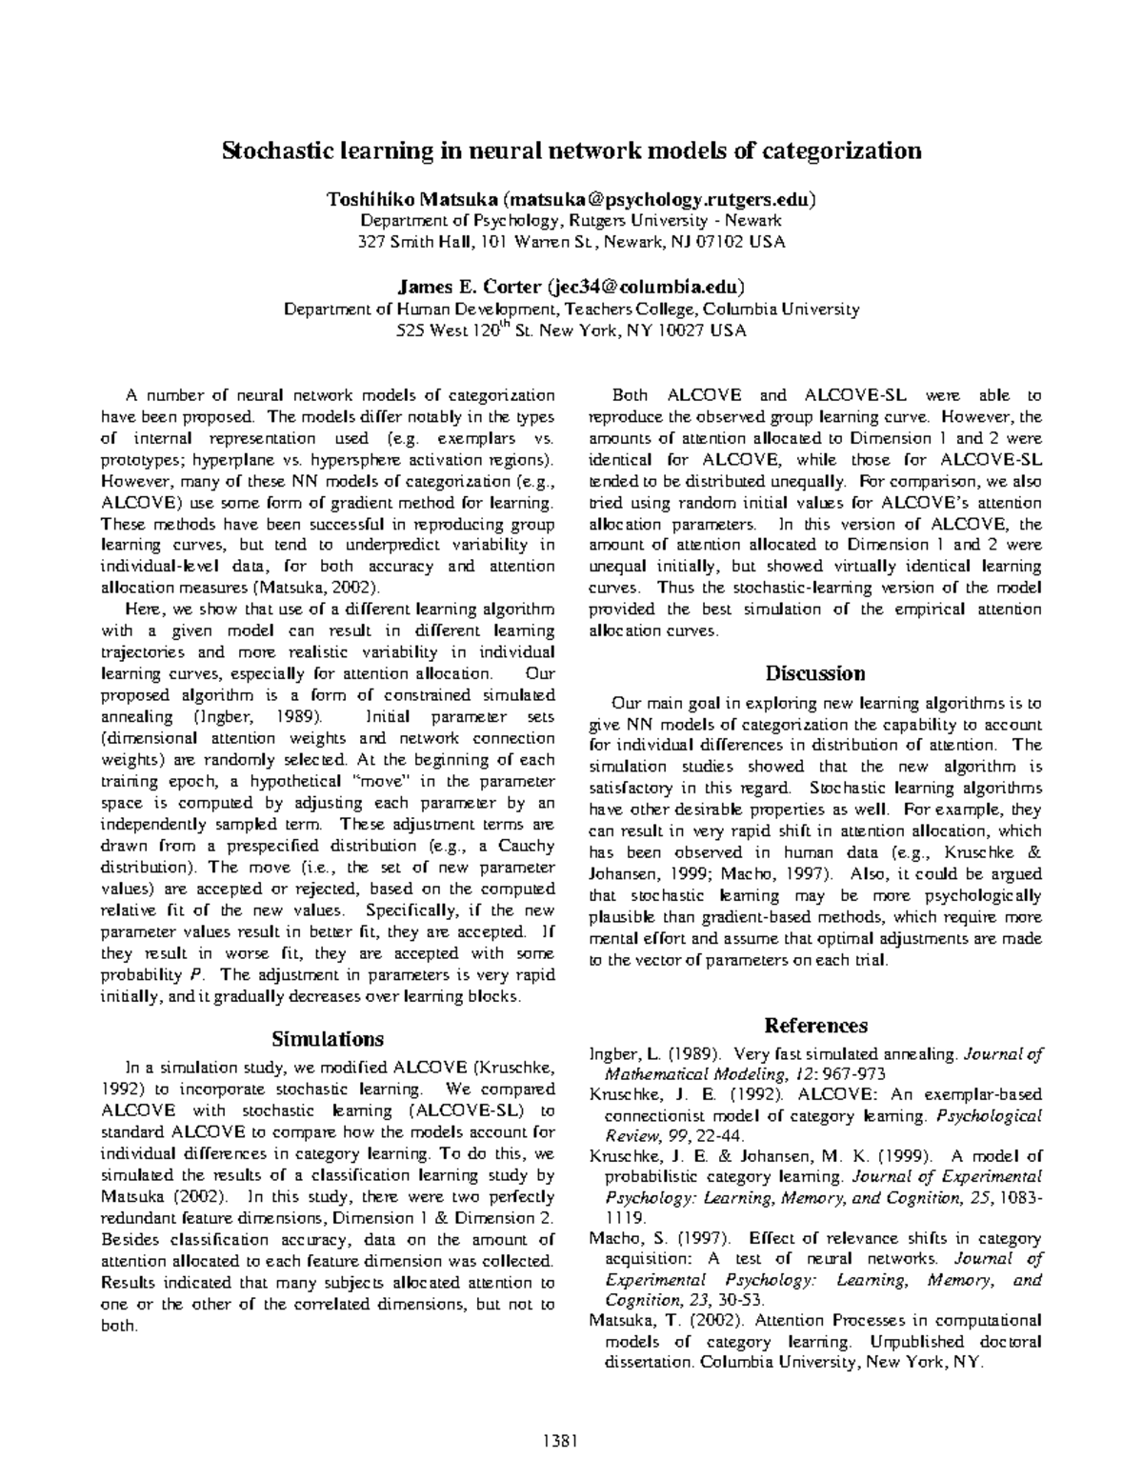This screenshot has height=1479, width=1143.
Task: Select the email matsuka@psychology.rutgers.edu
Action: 660,200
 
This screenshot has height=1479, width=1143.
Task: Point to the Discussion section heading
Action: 815,673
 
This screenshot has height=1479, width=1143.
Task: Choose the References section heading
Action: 815,1026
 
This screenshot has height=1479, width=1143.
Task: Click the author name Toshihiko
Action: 358,200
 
